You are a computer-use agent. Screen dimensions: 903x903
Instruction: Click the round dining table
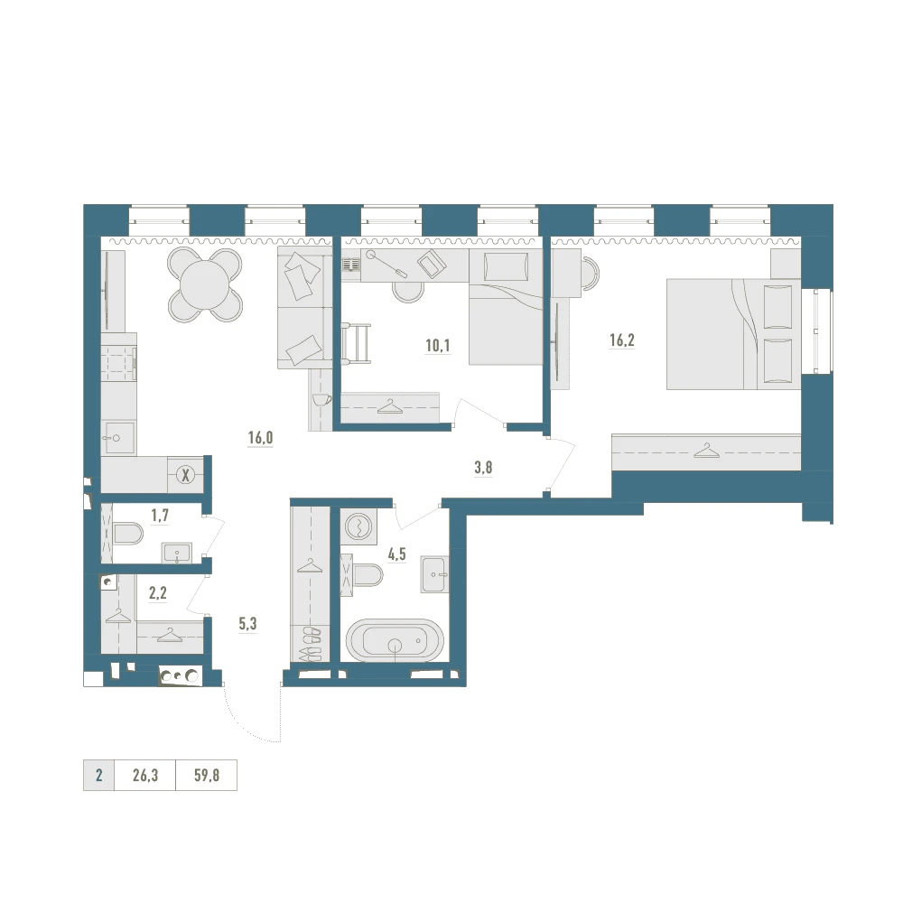coord(204,284)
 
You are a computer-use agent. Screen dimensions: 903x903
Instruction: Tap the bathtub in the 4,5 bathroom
coord(396,639)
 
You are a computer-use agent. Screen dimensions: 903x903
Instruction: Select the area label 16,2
coord(622,340)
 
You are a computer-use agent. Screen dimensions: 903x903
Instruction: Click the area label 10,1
coord(438,346)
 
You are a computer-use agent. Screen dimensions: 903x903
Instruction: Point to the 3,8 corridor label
coord(483,468)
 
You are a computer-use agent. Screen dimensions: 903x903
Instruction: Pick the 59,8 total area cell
coord(206,775)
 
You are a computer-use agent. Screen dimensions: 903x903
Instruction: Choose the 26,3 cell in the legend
coord(145,775)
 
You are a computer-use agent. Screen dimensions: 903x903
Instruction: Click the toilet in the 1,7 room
coord(127,534)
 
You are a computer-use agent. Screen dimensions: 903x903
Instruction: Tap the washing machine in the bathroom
coord(358,526)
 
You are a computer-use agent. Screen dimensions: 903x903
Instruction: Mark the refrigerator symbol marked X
coord(185,476)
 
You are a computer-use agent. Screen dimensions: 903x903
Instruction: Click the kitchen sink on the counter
coord(118,438)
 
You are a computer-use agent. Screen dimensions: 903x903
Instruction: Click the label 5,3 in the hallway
coord(247,624)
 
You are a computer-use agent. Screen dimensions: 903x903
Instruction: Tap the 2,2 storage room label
coord(158,592)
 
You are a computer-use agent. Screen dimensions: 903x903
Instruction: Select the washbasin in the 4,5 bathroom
coord(434,574)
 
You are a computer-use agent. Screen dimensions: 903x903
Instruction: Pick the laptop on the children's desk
coord(432,265)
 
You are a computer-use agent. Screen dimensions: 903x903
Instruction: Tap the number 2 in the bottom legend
coord(99,775)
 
